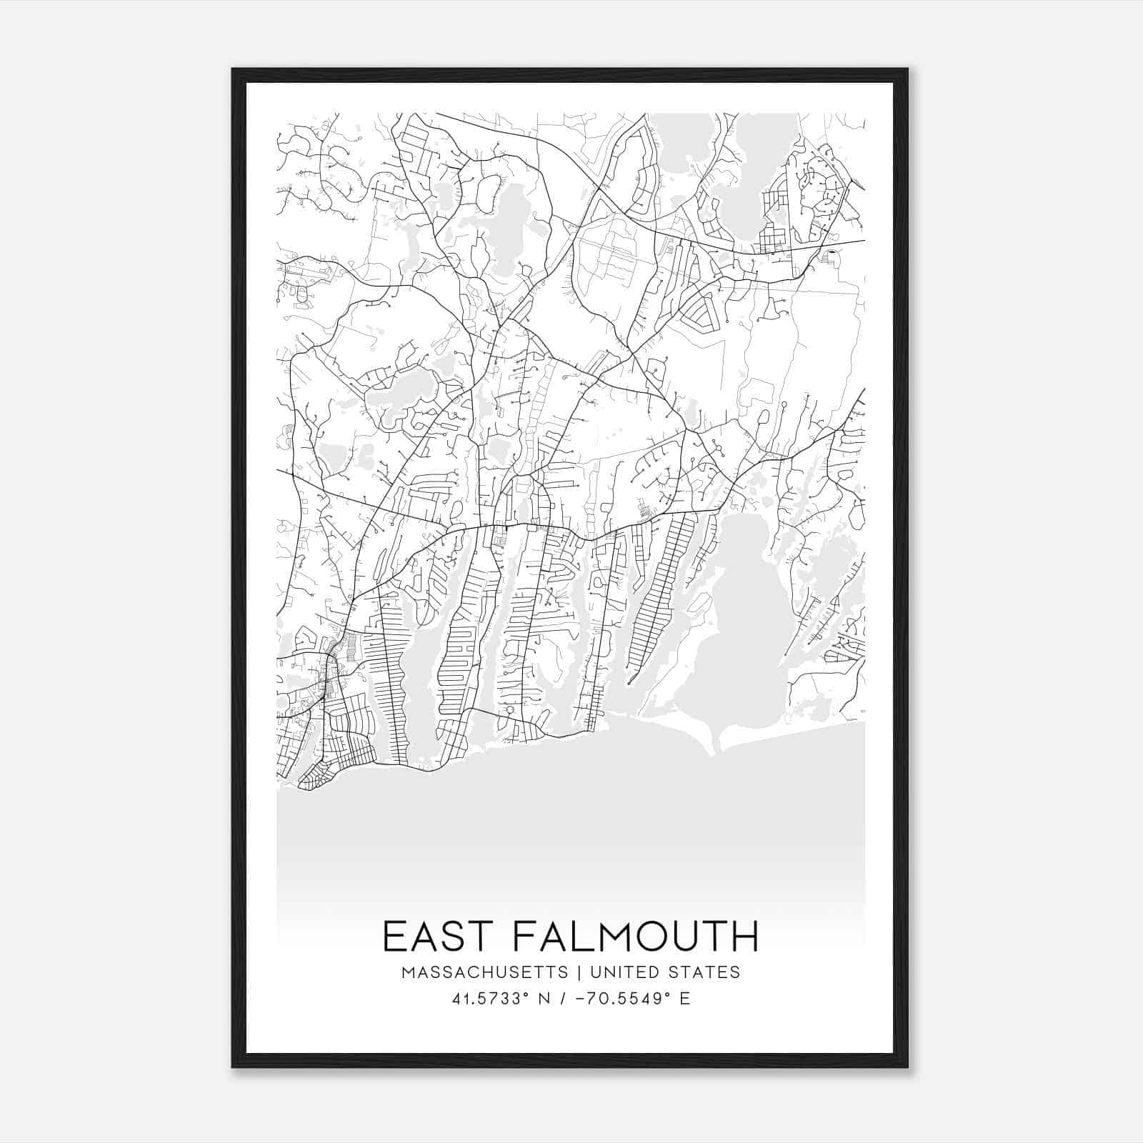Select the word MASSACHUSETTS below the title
[x=485, y=972]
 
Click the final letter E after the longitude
[x=686, y=999]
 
